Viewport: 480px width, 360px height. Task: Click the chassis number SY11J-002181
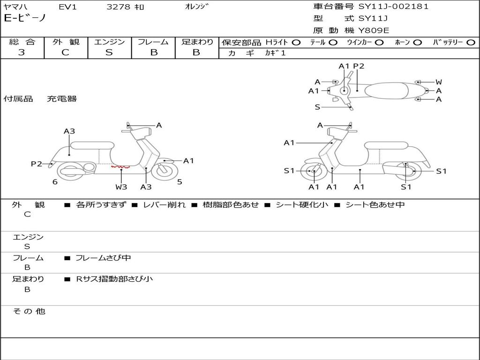(x=393, y=7)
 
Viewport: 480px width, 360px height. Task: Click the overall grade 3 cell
(x=22, y=52)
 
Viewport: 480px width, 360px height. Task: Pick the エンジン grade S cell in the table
(x=109, y=52)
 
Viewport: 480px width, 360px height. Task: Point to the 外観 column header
(x=66, y=42)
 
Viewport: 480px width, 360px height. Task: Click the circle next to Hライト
(x=296, y=42)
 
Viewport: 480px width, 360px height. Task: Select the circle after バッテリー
(x=471, y=42)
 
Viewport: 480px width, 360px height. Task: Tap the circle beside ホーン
(x=417, y=42)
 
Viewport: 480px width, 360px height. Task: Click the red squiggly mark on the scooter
(x=120, y=166)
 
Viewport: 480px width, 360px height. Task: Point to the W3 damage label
(x=121, y=187)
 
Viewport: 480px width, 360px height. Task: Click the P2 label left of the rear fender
(x=36, y=164)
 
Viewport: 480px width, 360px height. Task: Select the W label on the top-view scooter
(x=439, y=82)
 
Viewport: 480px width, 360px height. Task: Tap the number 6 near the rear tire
(x=55, y=182)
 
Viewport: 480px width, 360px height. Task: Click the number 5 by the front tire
(x=180, y=182)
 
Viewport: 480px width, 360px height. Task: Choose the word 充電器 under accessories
(x=61, y=99)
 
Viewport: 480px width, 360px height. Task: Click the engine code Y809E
(x=374, y=30)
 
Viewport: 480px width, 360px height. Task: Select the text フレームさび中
(x=103, y=258)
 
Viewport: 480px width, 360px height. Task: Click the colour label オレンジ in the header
(x=197, y=7)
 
